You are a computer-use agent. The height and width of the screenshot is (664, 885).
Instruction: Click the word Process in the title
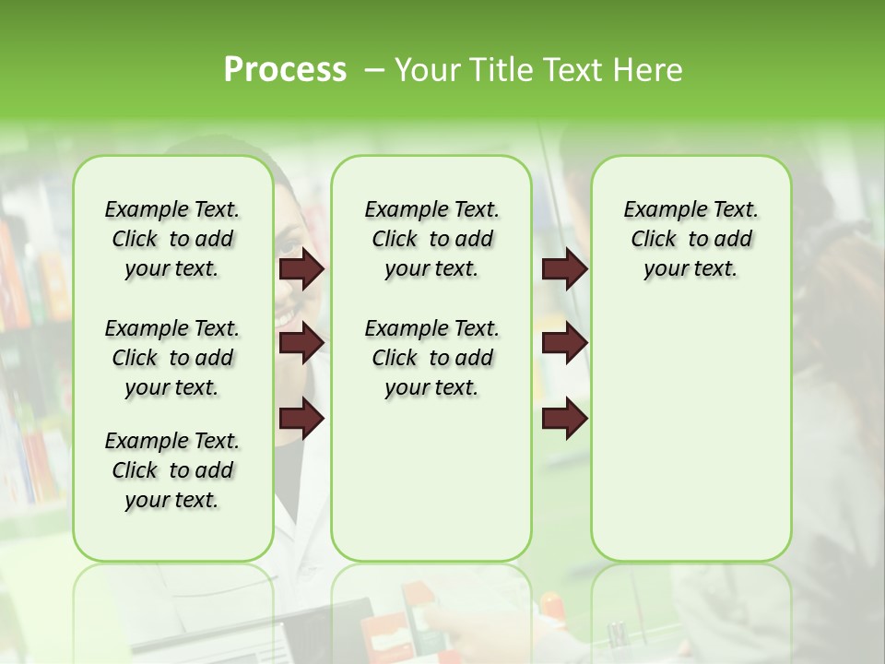pos(285,70)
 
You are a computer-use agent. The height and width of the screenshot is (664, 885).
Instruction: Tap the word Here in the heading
pos(649,70)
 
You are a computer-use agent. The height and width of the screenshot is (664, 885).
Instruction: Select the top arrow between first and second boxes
pos(301,268)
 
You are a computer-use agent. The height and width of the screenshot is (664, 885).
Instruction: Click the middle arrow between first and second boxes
pos(301,343)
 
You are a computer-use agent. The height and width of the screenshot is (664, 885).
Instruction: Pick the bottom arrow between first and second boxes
pos(301,419)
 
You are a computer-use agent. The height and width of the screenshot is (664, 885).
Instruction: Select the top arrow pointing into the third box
pos(564,268)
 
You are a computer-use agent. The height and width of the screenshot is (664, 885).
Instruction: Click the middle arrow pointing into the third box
pos(564,343)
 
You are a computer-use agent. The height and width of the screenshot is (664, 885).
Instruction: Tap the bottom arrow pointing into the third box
pos(564,419)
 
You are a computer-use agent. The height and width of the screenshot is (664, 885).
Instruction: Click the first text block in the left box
pos(172,239)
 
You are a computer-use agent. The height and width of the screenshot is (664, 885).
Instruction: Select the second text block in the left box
pos(172,358)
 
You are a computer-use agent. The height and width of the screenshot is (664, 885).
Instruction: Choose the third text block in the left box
pos(172,470)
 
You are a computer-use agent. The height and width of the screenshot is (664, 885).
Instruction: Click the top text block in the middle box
pos(431,239)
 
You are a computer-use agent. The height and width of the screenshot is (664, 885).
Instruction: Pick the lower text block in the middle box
pos(431,358)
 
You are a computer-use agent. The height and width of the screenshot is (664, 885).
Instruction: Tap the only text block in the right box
pos(690,239)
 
